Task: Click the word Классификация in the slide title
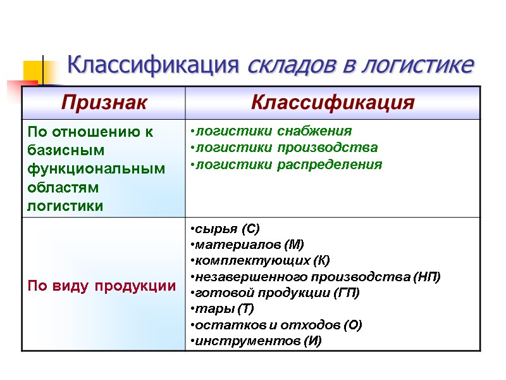tap(152, 65)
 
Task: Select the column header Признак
tap(104, 103)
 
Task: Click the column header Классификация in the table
tap(333, 103)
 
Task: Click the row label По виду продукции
tap(101, 286)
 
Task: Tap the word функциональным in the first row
tap(96, 169)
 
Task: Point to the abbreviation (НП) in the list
tap(426, 277)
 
